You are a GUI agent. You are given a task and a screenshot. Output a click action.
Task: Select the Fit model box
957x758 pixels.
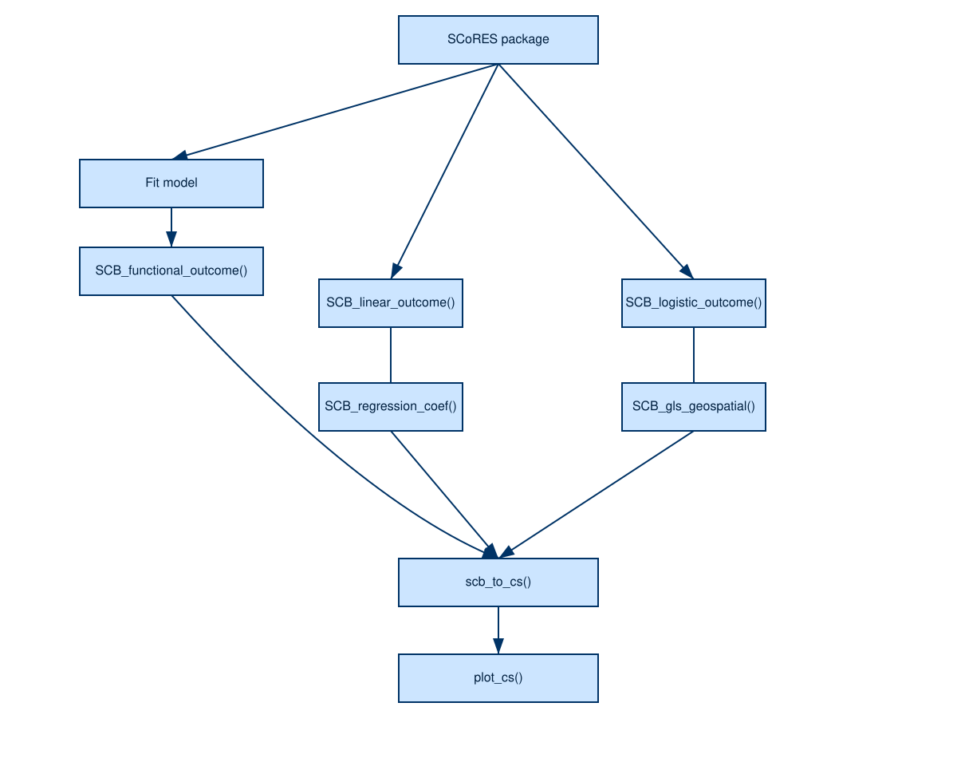click(x=171, y=184)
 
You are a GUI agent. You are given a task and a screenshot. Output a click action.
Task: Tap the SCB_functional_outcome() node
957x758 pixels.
click(x=171, y=270)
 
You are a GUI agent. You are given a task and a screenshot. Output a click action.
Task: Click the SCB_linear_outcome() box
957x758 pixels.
click(x=391, y=303)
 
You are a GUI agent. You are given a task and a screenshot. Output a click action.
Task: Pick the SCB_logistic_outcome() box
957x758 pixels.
click(x=694, y=303)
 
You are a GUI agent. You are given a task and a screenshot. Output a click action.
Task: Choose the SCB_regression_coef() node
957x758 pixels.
click(x=391, y=407)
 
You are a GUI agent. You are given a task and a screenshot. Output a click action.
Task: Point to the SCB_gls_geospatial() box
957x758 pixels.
click(x=694, y=407)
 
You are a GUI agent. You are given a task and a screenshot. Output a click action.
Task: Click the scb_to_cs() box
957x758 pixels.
click(x=498, y=582)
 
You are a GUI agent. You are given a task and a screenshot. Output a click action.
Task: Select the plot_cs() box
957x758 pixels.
click(x=498, y=678)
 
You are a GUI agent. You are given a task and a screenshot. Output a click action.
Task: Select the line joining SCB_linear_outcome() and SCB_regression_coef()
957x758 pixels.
click(x=391, y=355)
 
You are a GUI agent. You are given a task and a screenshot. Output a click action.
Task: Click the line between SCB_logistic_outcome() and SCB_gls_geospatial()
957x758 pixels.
click(x=694, y=355)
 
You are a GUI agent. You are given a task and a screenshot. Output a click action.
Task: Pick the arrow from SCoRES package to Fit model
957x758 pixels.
click(x=335, y=110)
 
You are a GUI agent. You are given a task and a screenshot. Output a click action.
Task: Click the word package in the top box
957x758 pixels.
click(x=525, y=39)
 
